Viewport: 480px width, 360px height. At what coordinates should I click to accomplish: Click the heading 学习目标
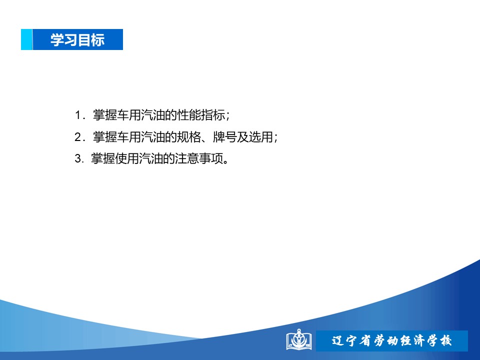point(77,40)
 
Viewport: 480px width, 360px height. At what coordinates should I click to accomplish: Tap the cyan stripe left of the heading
point(26,39)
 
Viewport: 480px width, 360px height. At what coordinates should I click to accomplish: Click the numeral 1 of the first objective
point(78,115)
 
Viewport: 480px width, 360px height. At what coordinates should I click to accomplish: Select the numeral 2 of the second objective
point(78,137)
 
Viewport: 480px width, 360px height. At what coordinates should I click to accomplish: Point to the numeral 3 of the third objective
point(78,158)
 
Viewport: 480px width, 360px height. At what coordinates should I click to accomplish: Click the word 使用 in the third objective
point(127,158)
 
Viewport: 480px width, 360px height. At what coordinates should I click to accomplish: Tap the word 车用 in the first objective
point(129,115)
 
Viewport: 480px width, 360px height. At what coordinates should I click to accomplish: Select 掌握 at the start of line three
point(103,158)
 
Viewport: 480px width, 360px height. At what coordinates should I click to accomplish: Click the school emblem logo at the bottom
point(299,340)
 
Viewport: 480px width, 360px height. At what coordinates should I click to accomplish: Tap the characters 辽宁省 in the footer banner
point(351,340)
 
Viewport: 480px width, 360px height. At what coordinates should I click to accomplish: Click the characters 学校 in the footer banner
point(439,340)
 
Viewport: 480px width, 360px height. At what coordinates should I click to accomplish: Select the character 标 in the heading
point(98,40)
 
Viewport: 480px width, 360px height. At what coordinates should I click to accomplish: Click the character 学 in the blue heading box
point(57,40)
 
